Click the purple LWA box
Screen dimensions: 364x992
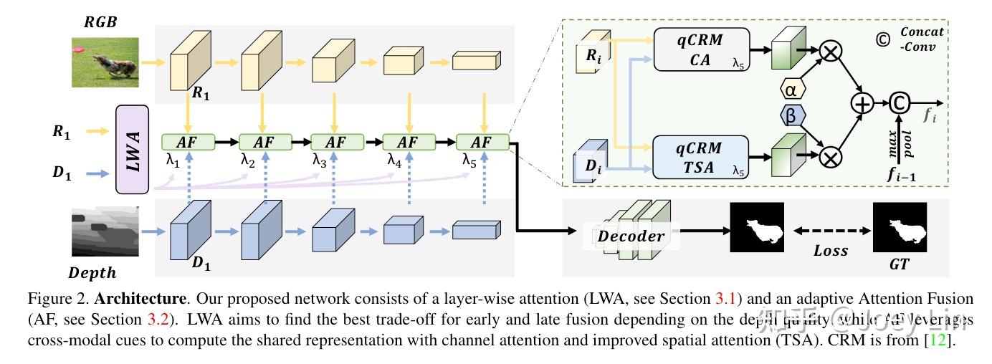[132, 149]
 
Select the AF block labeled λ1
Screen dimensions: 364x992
[189, 142]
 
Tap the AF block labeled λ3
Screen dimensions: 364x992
[335, 142]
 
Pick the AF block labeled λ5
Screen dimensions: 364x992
[482, 142]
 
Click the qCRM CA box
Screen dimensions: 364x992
[700, 50]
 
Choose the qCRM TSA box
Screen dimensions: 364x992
[700, 158]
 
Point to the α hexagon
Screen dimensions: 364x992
[791, 90]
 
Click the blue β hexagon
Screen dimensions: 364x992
[791, 115]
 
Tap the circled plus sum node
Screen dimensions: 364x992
[862, 103]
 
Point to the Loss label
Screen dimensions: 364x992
[831, 251]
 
